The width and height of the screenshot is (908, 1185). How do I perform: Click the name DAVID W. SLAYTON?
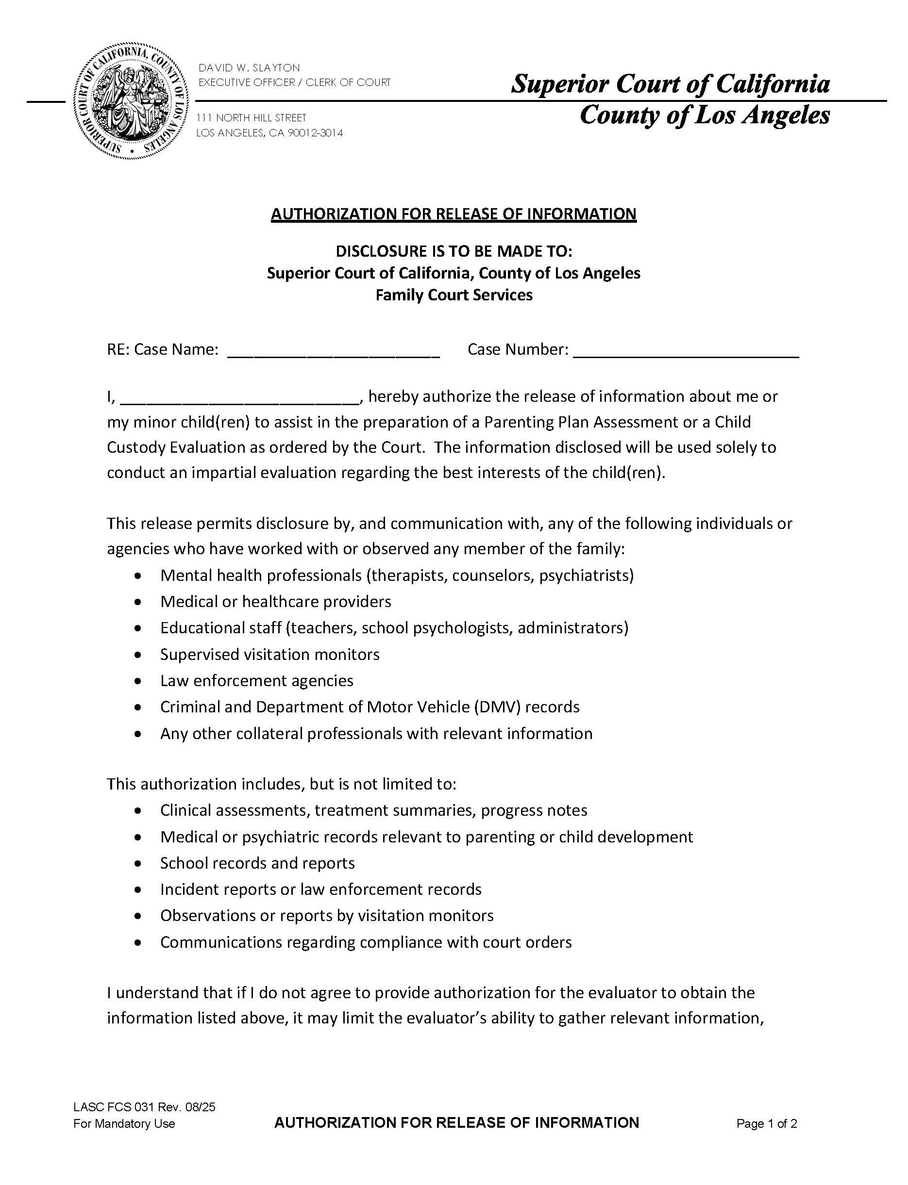coord(249,67)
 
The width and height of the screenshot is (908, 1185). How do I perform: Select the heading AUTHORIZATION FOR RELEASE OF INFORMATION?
coord(454,214)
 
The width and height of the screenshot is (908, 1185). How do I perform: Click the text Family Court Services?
coord(454,295)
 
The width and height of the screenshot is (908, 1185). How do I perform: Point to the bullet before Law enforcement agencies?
coord(139,681)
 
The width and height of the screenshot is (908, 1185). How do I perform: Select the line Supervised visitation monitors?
coord(269,654)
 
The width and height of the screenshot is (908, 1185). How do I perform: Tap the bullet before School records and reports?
coord(139,864)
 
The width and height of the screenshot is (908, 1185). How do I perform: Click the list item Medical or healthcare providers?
coord(276,601)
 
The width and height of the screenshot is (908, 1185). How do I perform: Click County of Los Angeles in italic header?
coord(704,115)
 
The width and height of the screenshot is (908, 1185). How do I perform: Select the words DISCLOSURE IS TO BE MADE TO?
coord(454,251)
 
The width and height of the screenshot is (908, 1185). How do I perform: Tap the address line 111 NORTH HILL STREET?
coord(252,118)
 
